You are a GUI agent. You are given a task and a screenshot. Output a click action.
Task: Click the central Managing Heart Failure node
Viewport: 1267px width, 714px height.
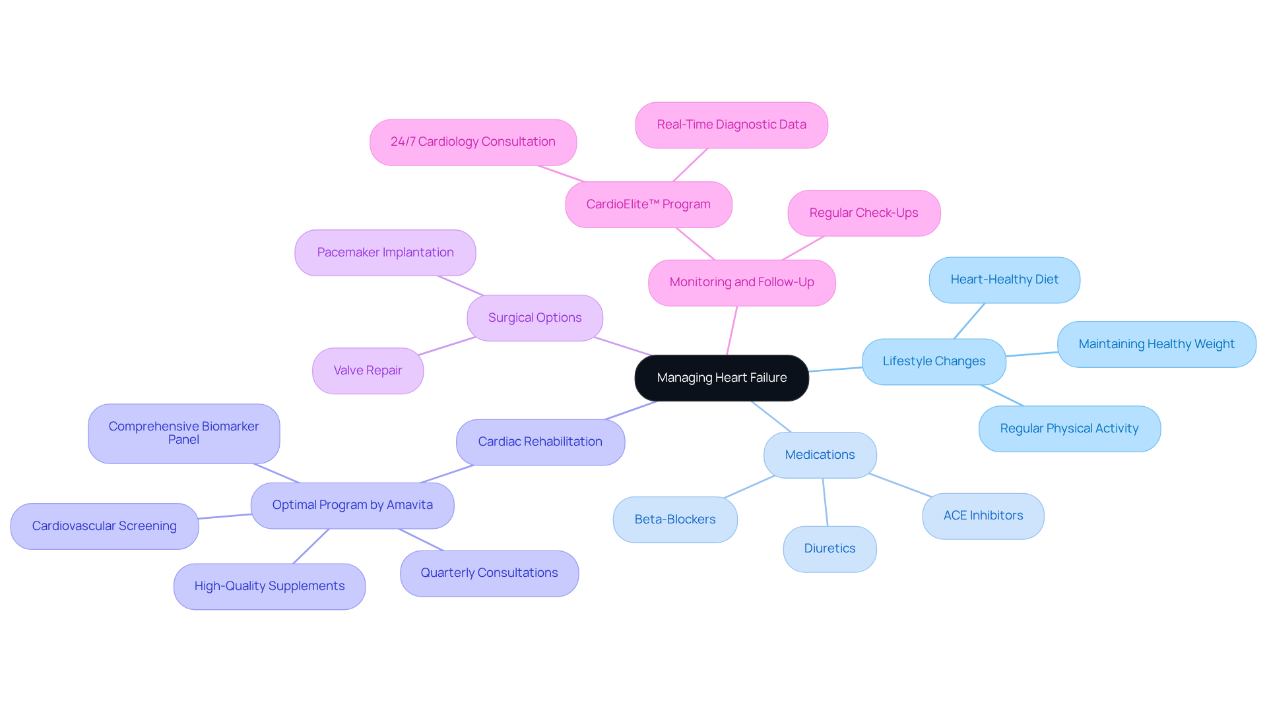point(721,378)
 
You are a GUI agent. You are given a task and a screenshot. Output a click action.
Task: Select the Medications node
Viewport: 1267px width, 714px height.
point(820,455)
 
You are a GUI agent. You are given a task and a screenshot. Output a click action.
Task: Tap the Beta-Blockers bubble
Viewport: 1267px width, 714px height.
point(674,520)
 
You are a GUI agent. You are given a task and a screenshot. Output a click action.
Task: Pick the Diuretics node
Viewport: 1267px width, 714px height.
point(829,549)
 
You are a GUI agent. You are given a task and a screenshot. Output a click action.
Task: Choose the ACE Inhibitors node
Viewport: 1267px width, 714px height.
point(983,516)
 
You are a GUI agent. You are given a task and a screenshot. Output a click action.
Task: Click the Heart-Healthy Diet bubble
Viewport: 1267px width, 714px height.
point(1004,280)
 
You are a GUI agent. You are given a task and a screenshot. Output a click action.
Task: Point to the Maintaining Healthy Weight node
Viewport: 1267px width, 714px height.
point(1156,344)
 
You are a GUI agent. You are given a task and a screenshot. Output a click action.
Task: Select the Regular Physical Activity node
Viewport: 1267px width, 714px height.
point(1069,429)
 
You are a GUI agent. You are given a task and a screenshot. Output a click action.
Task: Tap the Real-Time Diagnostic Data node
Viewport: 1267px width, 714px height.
point(731,125)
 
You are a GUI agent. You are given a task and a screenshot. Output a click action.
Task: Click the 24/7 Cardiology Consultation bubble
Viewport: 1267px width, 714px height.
point(472,142)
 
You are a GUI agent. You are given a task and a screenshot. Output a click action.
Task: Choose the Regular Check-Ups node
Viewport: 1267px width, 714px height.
point(863,213)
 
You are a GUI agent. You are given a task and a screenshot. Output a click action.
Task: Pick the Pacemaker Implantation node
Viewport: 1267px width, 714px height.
point(385,253)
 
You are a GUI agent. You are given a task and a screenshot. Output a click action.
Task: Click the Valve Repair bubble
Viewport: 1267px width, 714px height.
point(368,371)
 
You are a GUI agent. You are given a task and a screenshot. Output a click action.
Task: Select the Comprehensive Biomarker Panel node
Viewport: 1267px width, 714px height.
point(183,433)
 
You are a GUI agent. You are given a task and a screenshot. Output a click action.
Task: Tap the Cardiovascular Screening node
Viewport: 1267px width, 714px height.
point(104,526)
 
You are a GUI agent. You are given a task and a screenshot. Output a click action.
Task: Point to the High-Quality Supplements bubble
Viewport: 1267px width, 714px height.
point(269,586)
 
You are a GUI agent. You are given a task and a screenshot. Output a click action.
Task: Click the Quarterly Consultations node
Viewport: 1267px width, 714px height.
point(489,573)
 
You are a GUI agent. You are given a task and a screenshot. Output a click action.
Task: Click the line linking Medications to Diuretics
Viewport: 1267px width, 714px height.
point(825,502)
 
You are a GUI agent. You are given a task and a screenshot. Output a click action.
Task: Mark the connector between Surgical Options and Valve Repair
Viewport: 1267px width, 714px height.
point(447,346)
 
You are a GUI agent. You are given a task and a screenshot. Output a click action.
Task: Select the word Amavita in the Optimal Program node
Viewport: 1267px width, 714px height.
point(409,505)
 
